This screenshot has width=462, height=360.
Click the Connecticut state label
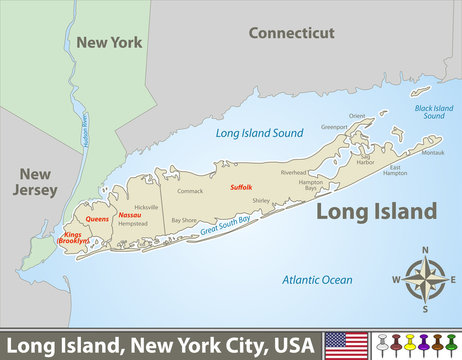tap(291, 33)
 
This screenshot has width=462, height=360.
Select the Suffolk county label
tap(241, 187)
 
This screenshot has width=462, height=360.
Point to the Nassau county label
tap(129, 215)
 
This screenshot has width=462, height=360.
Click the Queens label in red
tap(97, 218)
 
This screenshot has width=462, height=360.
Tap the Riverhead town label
tap(294, 173)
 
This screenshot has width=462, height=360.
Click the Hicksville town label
tap(146, 206)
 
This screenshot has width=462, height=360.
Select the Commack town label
tap(189, 190)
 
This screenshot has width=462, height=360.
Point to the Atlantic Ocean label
tap(312, 280)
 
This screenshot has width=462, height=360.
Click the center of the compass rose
tap(425, 279)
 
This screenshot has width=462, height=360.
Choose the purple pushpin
tap(423, 346)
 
